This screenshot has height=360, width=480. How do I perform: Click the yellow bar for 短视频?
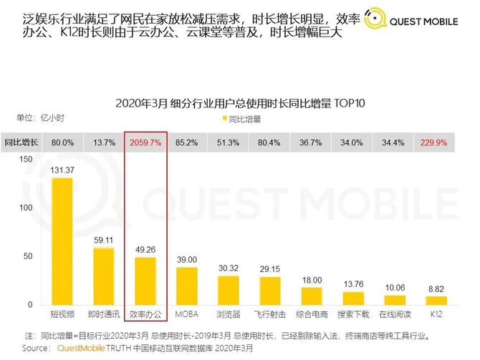[62, 241]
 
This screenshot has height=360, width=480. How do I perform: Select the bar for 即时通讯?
[104, 276]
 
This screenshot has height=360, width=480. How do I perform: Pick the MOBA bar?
[187, 286]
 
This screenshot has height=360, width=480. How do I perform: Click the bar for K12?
[436, 300]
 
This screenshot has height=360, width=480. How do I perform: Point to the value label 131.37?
[62, 169]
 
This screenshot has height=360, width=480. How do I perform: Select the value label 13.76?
[353, 284]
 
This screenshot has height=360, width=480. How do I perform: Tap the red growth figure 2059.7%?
[145, 142]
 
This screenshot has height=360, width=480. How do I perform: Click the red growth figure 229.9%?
[436, 142]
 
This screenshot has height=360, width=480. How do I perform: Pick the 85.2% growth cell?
[187, 142]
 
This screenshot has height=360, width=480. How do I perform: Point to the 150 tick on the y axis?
[26, 160]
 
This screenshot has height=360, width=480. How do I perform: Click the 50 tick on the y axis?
[29, 256]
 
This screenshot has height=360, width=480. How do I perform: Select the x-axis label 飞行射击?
[270, 315]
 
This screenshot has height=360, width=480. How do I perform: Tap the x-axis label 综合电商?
[312, 315]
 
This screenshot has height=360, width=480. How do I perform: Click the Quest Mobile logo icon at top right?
[373, 21]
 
